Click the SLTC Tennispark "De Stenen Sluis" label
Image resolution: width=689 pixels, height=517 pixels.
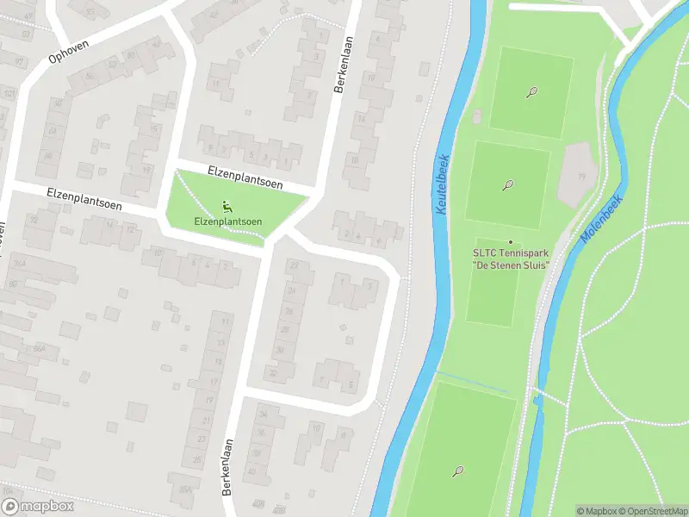[510, 258]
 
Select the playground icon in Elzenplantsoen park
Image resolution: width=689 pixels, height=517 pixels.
[227, 206]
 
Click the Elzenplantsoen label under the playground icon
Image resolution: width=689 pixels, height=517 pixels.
[227, 221]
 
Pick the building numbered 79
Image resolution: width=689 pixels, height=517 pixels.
[580, 176]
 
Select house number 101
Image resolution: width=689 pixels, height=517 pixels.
[9, 93]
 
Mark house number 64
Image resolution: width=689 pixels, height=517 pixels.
[51, 130]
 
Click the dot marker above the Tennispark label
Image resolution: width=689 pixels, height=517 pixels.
[510, 242]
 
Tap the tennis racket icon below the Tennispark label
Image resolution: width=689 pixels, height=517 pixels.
[458, 471]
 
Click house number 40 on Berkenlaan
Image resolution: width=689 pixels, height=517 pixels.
[251, 471]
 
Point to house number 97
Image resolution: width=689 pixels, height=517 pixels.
[19, 62]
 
